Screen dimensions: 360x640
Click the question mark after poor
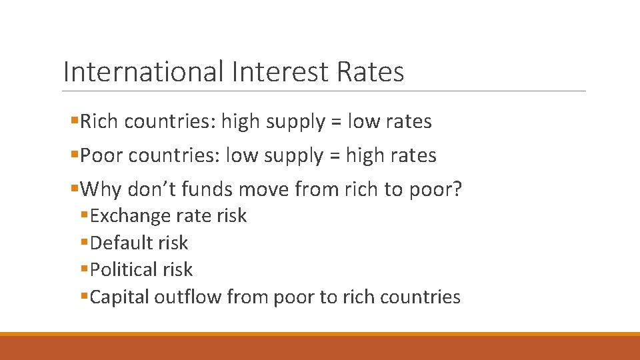click(x=457, y=190)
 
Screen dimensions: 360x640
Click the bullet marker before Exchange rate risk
click(x=84, y=216)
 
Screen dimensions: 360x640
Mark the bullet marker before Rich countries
click(x=74, y=121)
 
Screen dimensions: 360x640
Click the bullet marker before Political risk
click(x=84, y=270)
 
